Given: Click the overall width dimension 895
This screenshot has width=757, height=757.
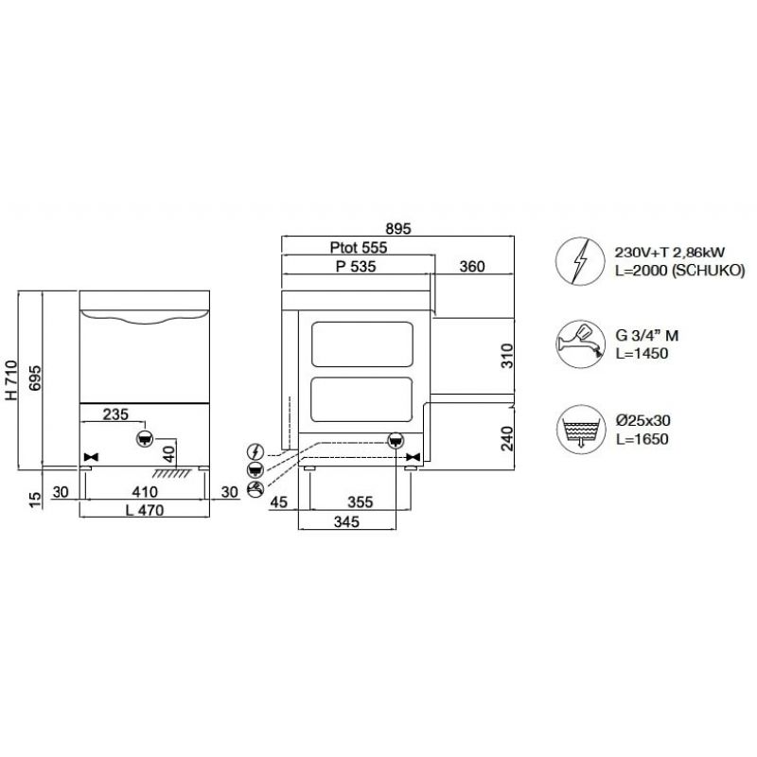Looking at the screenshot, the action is point(398,228).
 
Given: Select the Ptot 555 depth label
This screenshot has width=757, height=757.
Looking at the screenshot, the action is point(359,248).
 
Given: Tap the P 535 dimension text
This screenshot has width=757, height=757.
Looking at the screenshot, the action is point(356,267).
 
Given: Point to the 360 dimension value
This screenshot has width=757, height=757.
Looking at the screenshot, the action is point(471,267).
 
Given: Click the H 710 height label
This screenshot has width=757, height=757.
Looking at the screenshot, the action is point(11,380).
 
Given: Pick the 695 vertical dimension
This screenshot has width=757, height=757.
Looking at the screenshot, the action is point(35,378).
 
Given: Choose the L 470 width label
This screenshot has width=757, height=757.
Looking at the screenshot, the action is point(145,510).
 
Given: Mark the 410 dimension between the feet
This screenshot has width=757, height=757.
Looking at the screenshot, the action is point(145,492).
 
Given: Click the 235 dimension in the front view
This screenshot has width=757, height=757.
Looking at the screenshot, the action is point(115,414).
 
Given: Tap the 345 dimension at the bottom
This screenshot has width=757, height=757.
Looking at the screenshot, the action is point(346,522).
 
